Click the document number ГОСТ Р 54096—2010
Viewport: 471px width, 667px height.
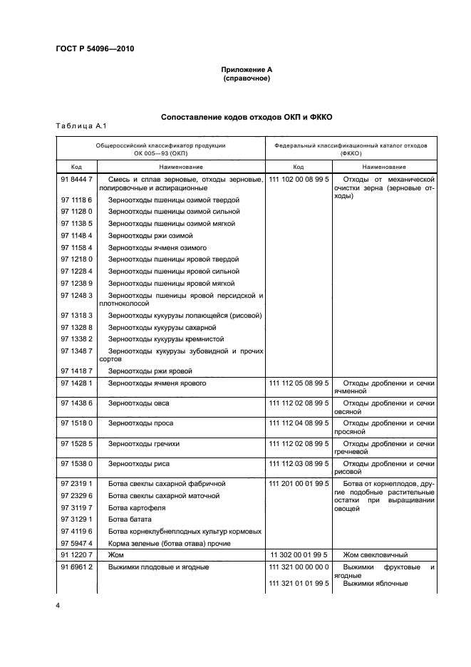point(95,48)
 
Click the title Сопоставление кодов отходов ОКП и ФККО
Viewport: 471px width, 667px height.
point(247,116)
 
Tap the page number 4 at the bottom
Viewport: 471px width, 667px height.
point(58,606)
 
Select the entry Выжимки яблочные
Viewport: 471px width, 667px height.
point(375,584)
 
